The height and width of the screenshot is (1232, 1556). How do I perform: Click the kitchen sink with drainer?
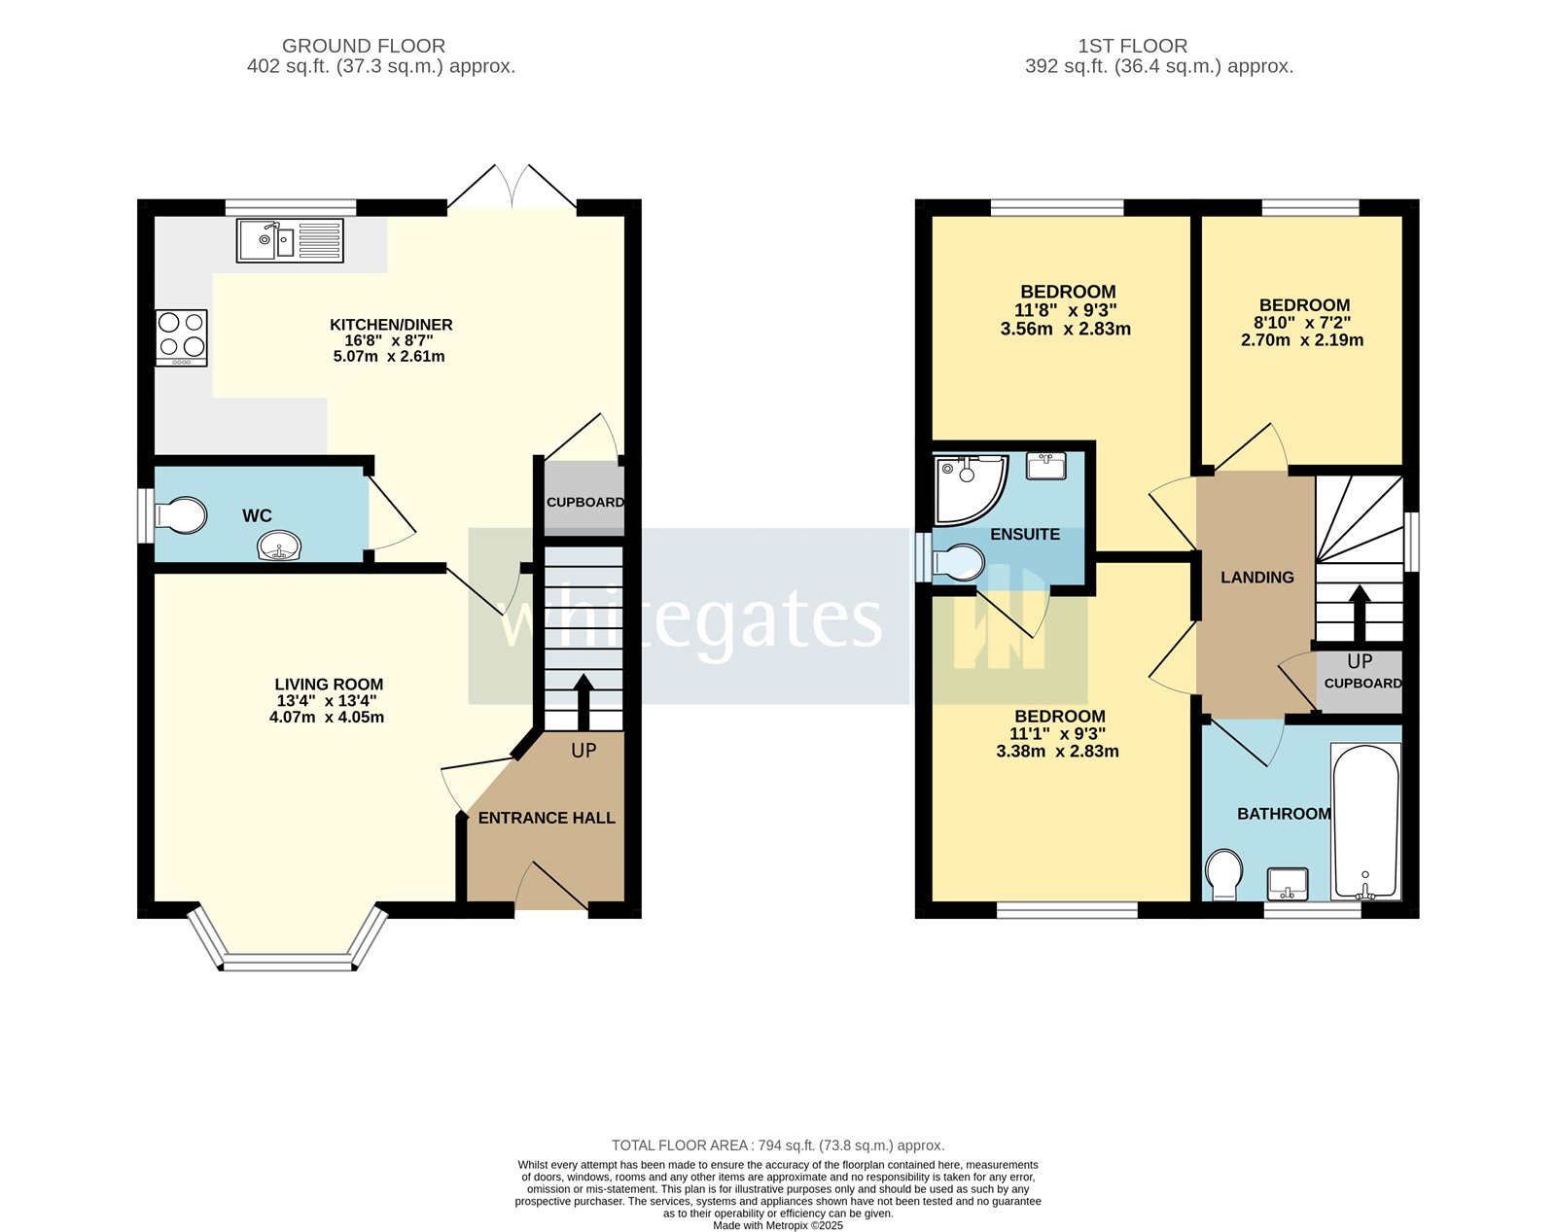(x=290, y=240)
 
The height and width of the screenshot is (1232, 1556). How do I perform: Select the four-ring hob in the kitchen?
(x=182, y=336)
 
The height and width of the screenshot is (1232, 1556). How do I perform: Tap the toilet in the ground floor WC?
(x=182, y=516)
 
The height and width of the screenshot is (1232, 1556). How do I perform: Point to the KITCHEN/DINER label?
(x=391, y=325)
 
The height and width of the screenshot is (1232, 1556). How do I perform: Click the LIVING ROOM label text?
(x=329, y=685)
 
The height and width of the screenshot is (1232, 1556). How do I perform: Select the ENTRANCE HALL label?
(x=547, y=819)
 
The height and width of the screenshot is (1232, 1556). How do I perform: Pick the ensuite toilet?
(x=958, y=562)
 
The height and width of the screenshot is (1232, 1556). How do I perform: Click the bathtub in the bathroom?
(x=1366, y=822)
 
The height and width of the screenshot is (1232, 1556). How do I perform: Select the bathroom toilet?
(x=1224, y=873)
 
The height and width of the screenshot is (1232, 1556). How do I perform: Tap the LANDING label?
(x=1257, y=578)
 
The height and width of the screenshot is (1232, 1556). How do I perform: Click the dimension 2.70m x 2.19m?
(x=1302, y=340)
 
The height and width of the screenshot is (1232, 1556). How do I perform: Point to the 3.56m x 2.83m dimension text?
(x=1065, y=329)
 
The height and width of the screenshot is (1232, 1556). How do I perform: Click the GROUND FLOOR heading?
(x=364, y=46)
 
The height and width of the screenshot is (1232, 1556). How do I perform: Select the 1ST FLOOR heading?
(x=1132, y=46)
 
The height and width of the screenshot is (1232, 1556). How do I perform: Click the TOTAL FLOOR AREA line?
(x=778, y=1145)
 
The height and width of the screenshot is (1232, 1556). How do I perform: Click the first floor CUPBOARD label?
(x=1362, y=684)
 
